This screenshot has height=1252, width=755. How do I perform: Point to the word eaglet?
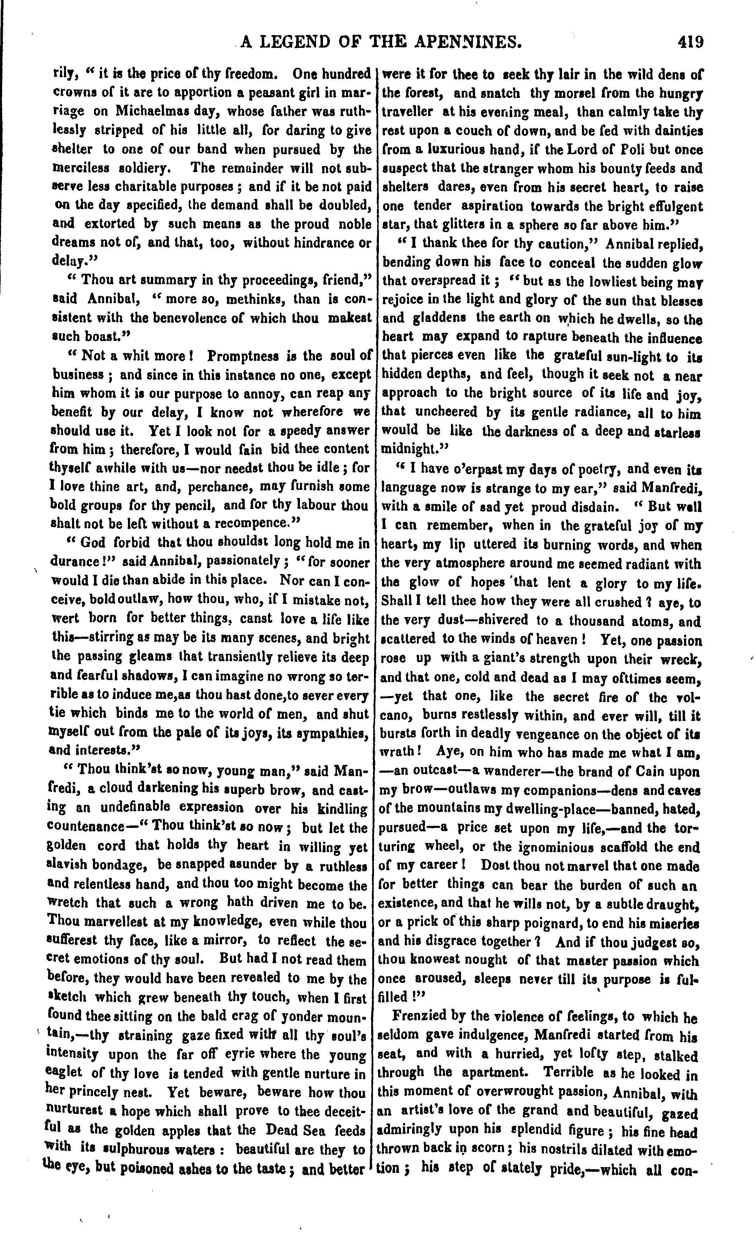[65, 1072]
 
